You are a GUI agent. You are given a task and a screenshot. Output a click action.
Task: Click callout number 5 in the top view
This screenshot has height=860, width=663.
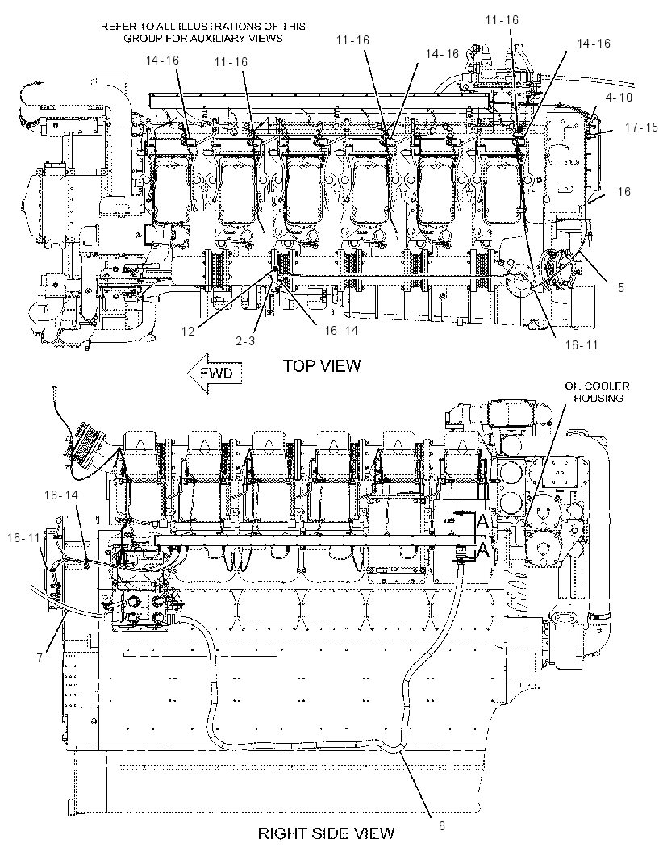click(x=621, y=287)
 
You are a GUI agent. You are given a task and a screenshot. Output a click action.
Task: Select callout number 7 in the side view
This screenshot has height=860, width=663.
click(x=40, y=658)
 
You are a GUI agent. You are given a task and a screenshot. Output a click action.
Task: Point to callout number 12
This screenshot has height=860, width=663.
click(x=188, y=332)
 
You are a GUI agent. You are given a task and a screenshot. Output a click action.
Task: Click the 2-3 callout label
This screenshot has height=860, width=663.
click(x=245, y=340)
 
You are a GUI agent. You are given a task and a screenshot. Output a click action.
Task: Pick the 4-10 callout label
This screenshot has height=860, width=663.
click(x=619, y=98)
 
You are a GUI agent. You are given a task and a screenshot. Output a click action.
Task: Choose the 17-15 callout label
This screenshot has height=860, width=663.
click(x=641, y=127)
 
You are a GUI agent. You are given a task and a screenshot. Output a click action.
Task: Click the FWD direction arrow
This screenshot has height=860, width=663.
click(x=215, y=374)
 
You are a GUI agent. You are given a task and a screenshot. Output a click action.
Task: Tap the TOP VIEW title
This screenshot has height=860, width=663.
click(x=322, y=365)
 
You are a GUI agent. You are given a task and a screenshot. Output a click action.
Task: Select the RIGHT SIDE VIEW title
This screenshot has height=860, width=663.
click(x=326, y=833)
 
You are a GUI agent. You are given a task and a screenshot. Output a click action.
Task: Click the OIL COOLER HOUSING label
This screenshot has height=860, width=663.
click(x=597, y=392)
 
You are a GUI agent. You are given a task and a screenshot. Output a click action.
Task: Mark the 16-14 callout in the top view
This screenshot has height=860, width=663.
click(x=341, y=330)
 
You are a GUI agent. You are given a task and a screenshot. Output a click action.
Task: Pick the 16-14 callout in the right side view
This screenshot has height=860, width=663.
click(x=61, y=495)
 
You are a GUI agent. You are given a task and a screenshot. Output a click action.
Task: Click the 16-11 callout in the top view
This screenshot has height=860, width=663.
click(x=582, y=345)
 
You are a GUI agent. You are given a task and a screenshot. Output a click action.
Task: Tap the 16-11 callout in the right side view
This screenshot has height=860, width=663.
click(x=23, y=538)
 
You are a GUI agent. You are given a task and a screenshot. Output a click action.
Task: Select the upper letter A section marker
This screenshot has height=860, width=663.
click(x=482, y=522)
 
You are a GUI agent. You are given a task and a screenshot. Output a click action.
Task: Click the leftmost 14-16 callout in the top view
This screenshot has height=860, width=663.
click(x=162, y=60)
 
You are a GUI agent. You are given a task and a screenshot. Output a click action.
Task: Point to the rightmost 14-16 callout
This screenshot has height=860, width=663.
click(x=594, y=44)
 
